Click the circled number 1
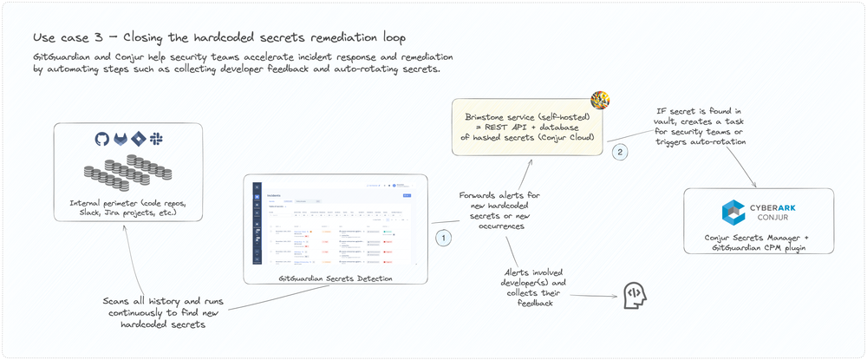click(x=443, y=236)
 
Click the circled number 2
click(x=619, y=152)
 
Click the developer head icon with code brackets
click(x=635, y=295)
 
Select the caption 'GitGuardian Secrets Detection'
click(x=336, y=278)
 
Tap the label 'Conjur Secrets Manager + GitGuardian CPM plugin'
click(x=758, y=242)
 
